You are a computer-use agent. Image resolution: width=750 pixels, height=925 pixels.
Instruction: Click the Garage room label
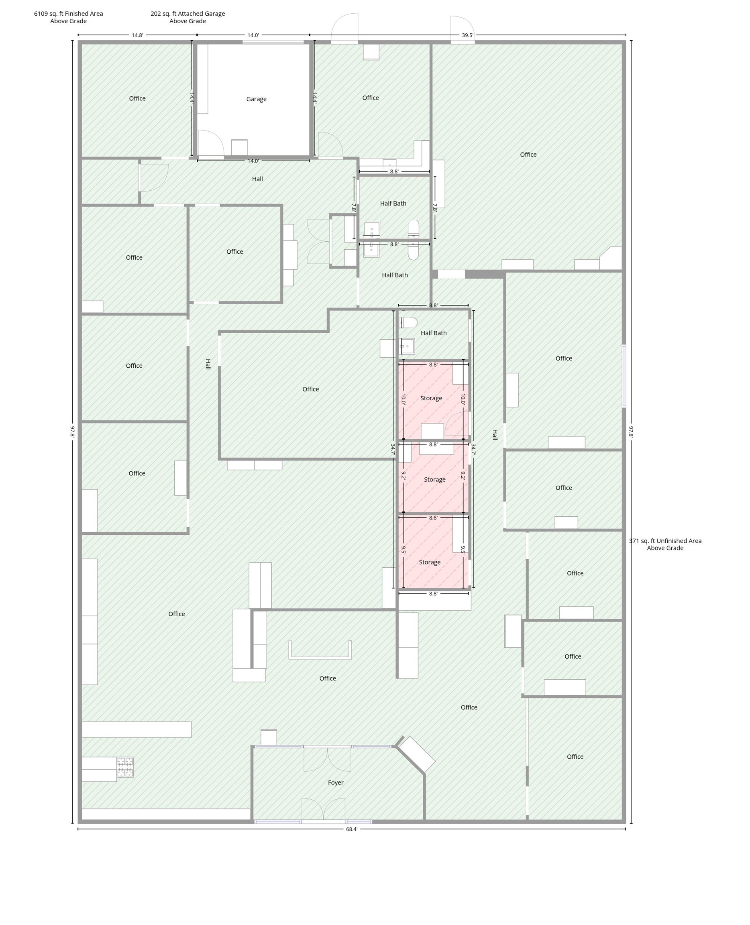(x=256, y=99)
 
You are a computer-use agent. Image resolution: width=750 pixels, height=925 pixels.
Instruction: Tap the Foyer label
(x=336, y=782)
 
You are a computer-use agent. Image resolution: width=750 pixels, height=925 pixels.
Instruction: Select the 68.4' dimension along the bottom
(x=352, y=829)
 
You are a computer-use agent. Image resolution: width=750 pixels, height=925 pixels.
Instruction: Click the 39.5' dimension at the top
(x=467, y=35)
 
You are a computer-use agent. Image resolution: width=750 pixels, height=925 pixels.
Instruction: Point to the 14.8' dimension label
(x=137, y=35)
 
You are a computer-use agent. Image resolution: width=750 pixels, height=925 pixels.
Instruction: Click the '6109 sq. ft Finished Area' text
(x=69, y=13)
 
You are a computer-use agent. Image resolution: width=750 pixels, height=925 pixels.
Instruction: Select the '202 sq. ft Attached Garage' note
(x=187, y=13)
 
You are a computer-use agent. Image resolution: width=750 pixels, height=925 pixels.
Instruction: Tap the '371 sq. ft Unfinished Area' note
(x=665, y=540)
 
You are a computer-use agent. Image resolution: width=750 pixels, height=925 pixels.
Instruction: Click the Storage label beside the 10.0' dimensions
(x=431, y=398)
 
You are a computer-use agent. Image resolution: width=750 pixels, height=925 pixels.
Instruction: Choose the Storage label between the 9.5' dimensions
(x=430, y=562)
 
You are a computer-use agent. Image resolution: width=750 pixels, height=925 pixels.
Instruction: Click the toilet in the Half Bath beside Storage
(x=408, y=323)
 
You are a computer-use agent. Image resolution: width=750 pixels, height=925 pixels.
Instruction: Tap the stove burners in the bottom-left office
(x=125, y=767)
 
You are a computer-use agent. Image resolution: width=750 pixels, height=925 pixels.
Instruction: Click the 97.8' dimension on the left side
(x=73, y=432)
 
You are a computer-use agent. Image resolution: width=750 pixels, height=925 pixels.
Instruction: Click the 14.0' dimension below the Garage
(x=253, y=161)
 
